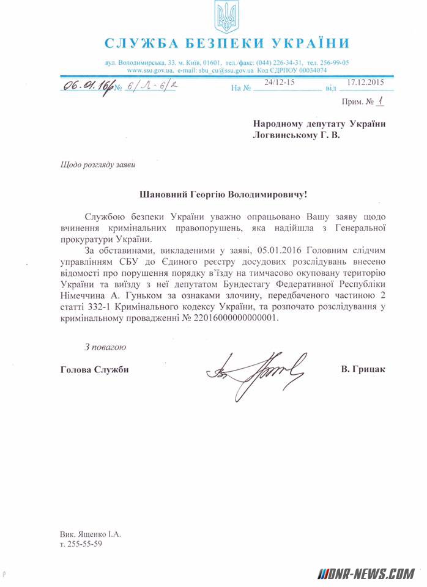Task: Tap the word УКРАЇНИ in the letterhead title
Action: (314, 43)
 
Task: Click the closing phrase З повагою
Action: (105, 347)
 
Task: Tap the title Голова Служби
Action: (95, 369)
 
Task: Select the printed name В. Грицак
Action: (364, 369)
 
